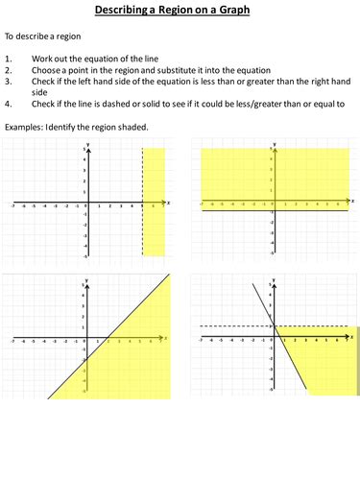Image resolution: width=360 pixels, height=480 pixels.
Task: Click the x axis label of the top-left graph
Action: pyautogui.click(x=168, y=203)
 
